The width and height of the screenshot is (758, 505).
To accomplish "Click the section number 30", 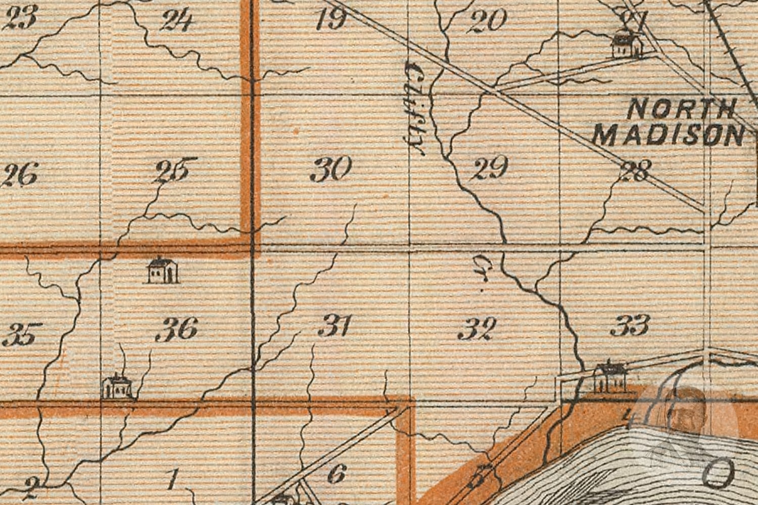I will (331, 169).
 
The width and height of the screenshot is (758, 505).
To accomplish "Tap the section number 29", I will (489, 168).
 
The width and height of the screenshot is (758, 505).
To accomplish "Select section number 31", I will (335, 326).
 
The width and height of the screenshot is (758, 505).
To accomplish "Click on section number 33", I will (630, 325).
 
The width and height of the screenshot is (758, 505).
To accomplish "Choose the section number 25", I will (172, 171).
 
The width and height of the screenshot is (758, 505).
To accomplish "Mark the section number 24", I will (176, 21).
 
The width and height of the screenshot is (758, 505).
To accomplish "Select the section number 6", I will (337, 474).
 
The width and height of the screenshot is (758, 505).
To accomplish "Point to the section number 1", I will (173, 479).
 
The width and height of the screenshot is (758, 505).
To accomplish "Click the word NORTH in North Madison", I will (682, 109).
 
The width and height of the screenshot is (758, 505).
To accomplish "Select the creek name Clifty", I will (415, 108).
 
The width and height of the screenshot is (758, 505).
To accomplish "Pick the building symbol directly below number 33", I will (610, 377).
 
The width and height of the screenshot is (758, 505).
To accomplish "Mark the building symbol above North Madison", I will (627, 44).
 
